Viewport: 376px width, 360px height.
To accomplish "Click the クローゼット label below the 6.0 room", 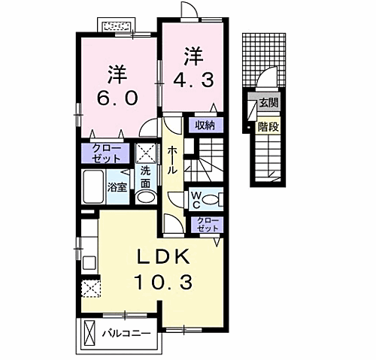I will (x=105, y=154).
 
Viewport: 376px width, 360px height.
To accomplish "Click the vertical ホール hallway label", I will (x=172, y=159).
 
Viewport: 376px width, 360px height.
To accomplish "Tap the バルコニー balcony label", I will (x=126, y=331).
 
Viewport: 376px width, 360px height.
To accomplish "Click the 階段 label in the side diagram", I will (x=267, y=127).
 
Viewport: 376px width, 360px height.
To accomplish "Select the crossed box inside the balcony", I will (x=90, y=332).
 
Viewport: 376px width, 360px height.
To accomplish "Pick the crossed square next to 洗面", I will (x=147, y=153).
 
